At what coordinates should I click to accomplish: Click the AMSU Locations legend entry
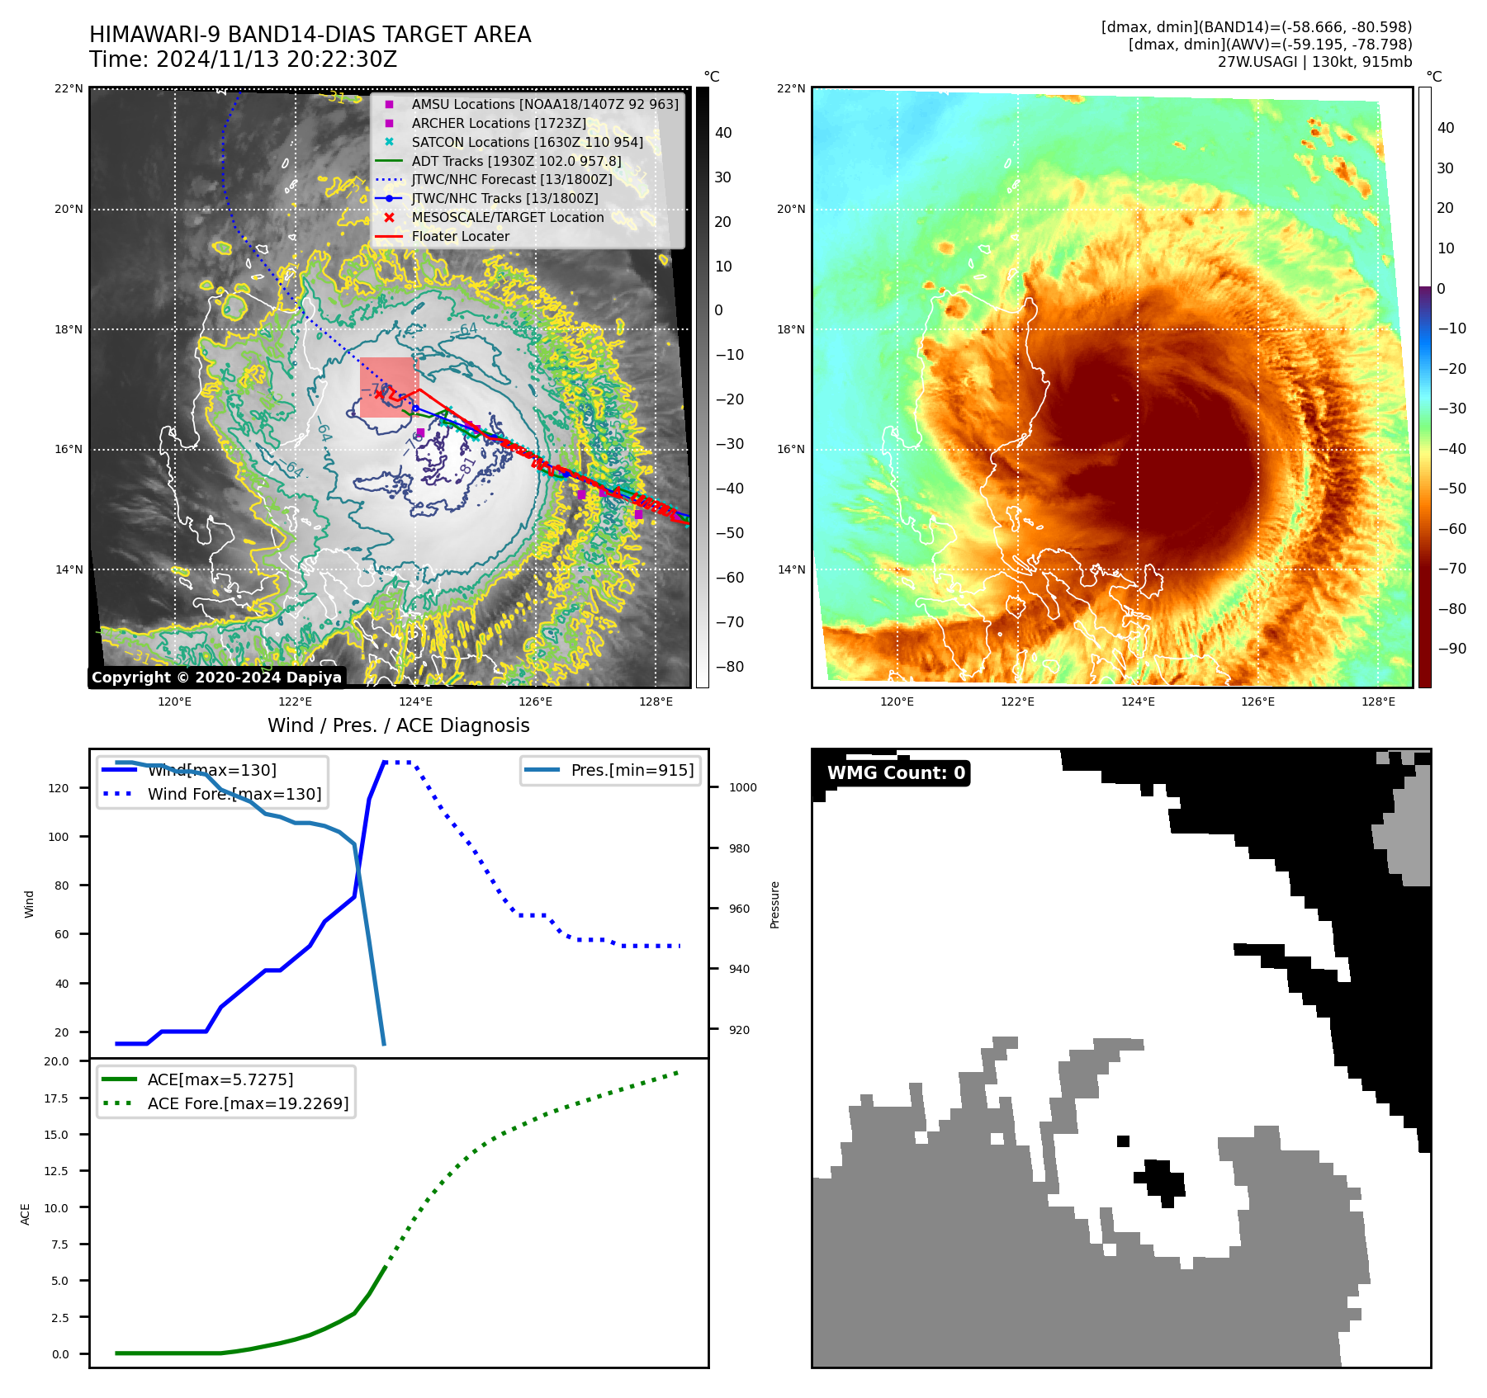click(544, 104)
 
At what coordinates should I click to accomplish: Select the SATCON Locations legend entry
click(527, 142)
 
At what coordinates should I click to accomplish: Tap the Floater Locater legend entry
click(460, 236)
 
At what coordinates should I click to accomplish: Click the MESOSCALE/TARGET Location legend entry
click(507, 217)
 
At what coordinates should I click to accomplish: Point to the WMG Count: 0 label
click(896, 773)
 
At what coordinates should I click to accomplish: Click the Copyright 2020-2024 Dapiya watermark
click(216, 678)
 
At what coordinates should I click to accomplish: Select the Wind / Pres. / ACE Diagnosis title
click(398, 725)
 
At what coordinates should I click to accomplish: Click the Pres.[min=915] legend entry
click(632, 770)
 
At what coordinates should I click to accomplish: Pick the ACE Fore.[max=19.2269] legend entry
click(248, 1103)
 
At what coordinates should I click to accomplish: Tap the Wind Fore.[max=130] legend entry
click(234, 794)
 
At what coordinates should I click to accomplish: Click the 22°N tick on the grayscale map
click(69, 88)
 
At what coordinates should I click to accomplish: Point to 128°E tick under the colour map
click(1378, 702)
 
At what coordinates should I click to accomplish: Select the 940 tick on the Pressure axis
click(739, 969)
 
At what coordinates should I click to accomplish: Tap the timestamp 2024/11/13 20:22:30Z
click(276, 59)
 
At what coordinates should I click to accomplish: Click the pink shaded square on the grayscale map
click(388, 386)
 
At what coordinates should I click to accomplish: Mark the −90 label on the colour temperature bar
click(1452, 649)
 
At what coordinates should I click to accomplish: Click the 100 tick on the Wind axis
click(59, 837)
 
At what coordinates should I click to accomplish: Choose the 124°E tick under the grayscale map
click(415, 702)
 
